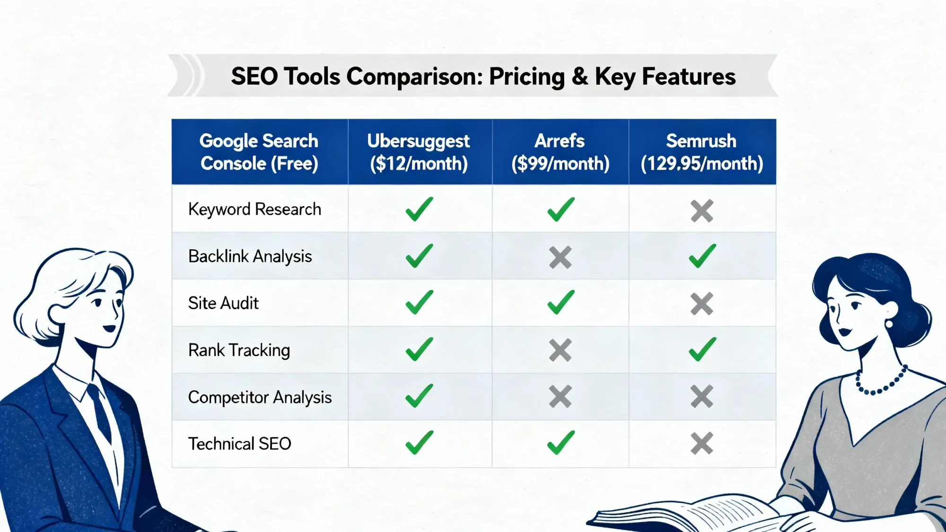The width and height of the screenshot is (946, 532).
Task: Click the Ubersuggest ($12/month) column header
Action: click(419, 152)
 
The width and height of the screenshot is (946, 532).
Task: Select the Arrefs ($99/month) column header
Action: click(560, 152)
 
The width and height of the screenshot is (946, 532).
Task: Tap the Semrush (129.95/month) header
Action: click(702, 152)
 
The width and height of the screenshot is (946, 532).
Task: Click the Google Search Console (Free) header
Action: click(259, 152)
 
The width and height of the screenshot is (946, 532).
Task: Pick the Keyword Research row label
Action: click(254, 209)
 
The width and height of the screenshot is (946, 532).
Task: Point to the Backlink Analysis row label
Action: click(250, 256)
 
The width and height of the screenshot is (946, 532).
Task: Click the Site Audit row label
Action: click(223, 303)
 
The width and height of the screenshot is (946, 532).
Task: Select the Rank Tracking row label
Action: click(239, 350)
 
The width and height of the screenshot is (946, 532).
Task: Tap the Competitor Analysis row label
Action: click(260, 397)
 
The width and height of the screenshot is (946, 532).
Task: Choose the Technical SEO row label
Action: click(239, 444)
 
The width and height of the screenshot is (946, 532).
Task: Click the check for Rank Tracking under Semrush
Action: click(702, 349)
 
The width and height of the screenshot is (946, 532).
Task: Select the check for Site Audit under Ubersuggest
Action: click(419, 302)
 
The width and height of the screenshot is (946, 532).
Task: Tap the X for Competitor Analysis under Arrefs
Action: click(561, 396)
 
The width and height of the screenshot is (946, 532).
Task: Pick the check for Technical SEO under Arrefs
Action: click(561, 443)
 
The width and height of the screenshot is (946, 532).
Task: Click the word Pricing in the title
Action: click(527, 77)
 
